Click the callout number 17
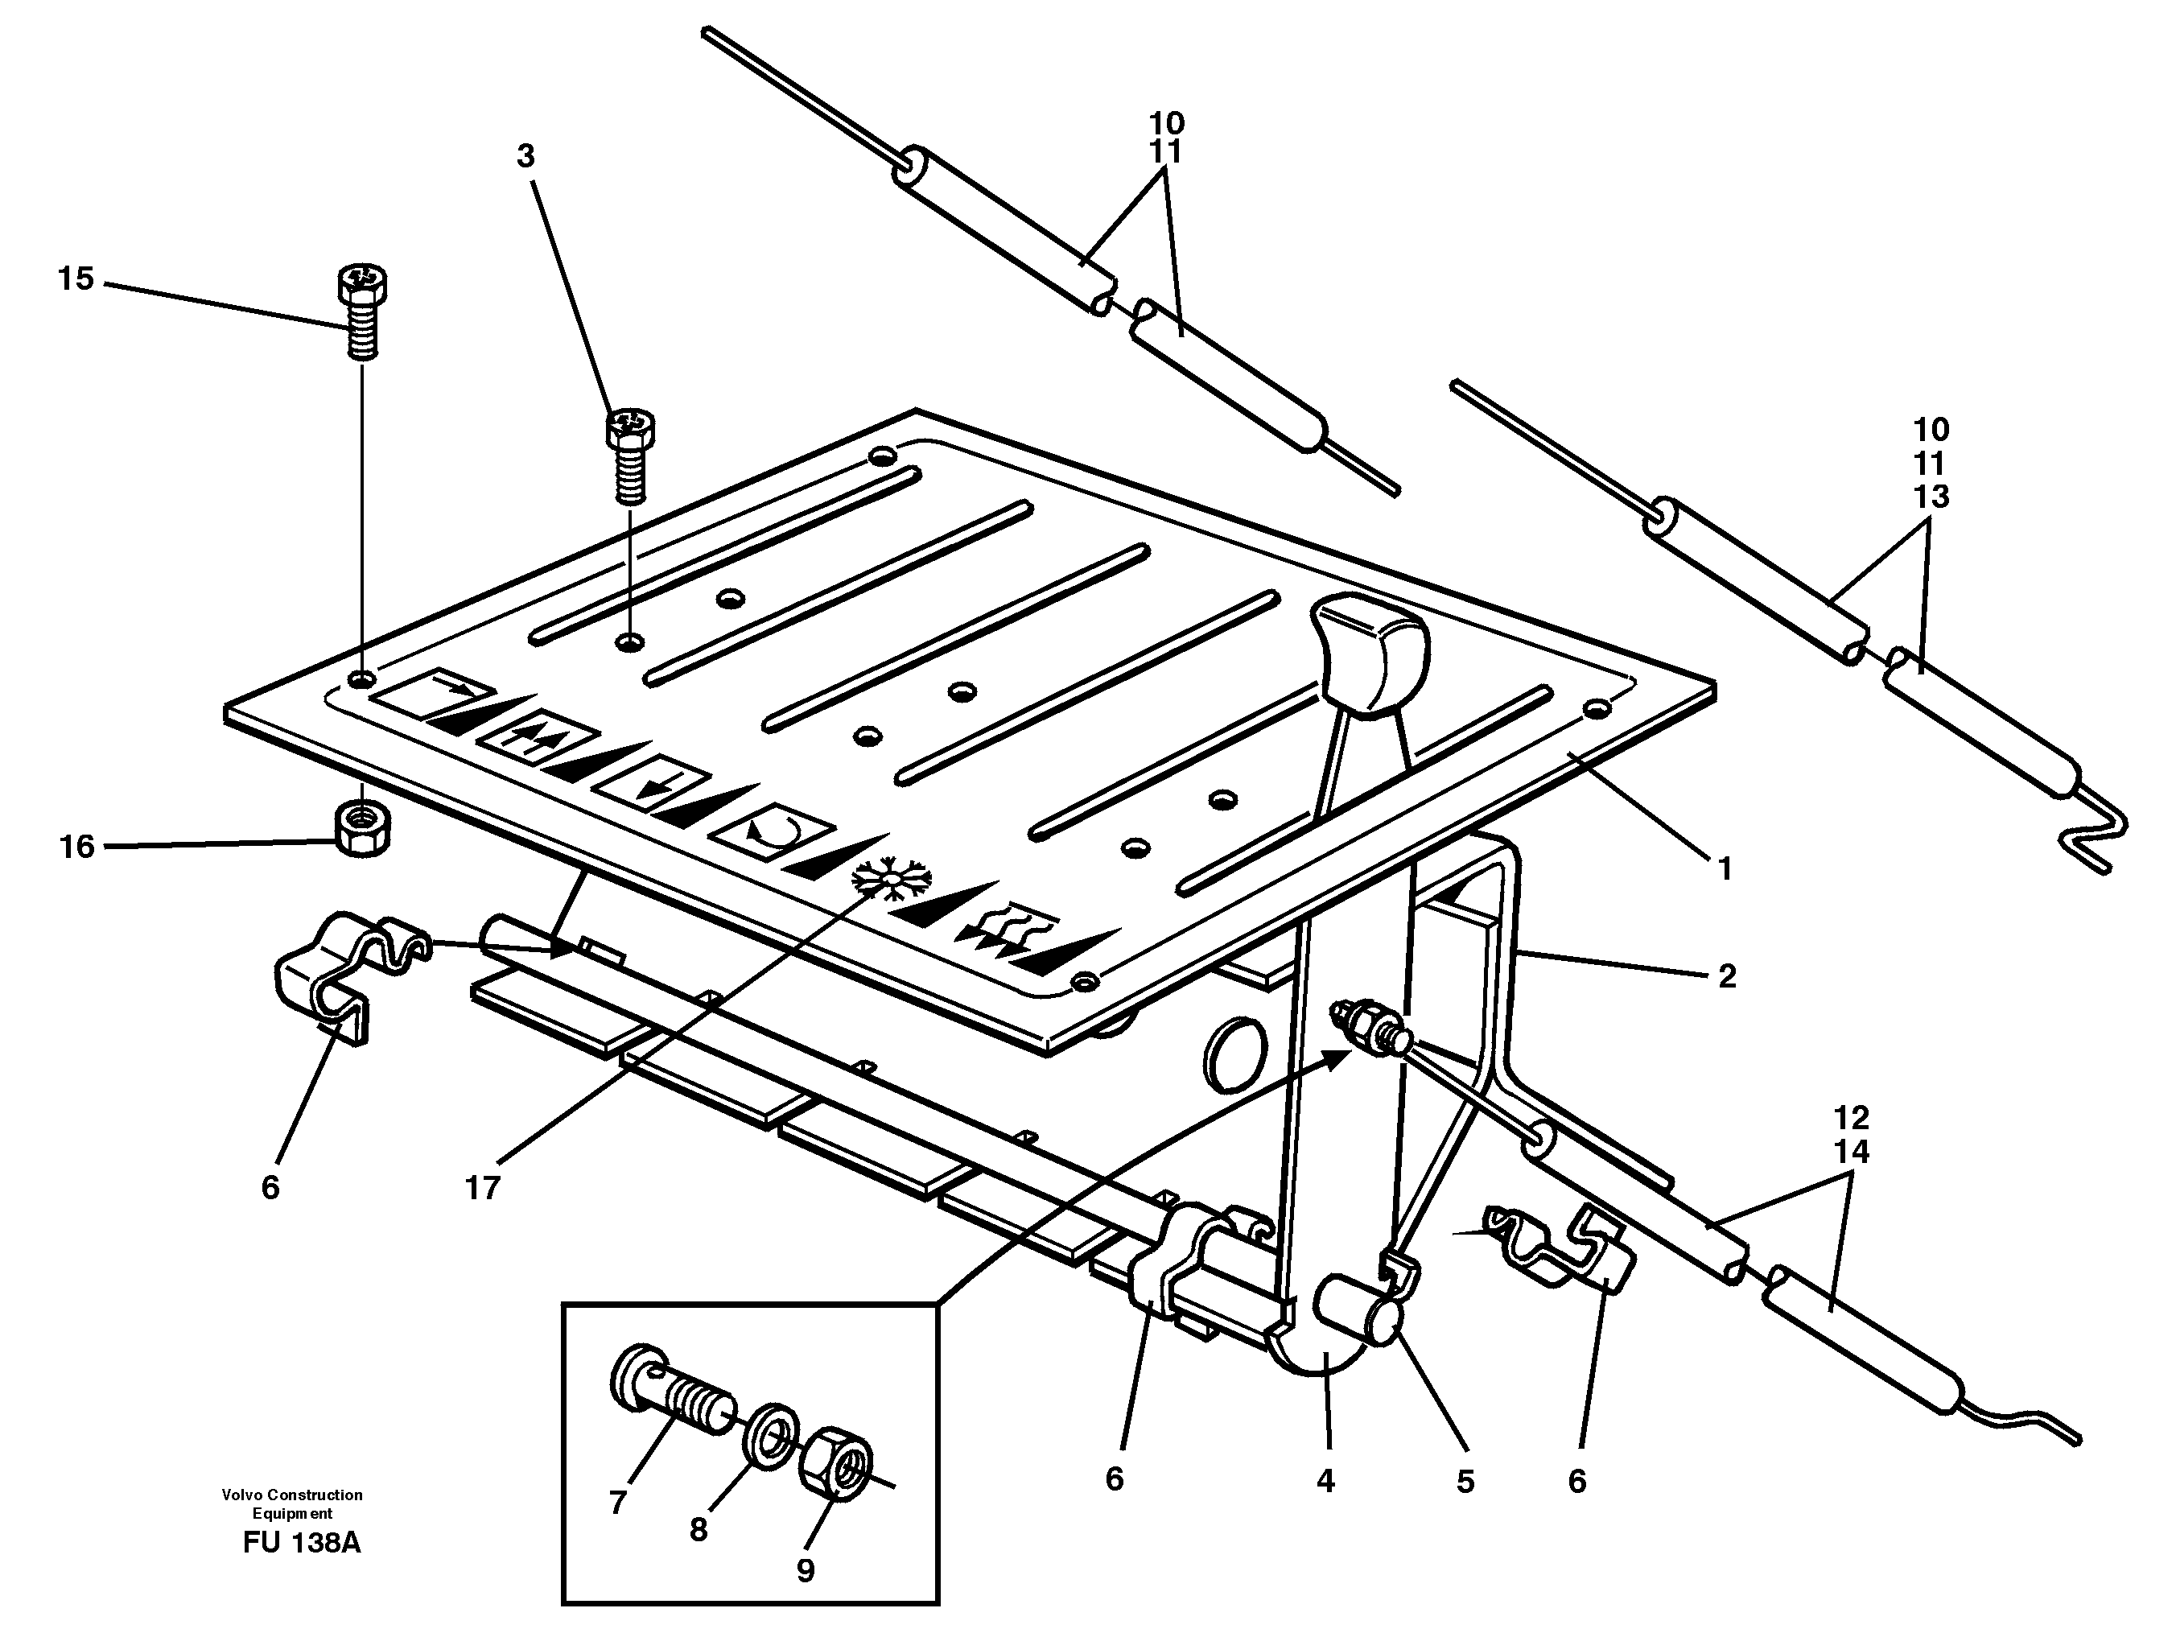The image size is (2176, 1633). point(482,1189)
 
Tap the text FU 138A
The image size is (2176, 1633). point(302,1541)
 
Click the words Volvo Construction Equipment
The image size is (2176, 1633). point(292,1504)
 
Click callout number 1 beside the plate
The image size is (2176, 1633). point(1724,868)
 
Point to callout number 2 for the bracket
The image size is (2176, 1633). point(1726,976)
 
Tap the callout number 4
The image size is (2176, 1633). point(1325,1481)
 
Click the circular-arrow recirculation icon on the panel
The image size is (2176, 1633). point(773,831)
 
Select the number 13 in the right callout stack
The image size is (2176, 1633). point(1931,497)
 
